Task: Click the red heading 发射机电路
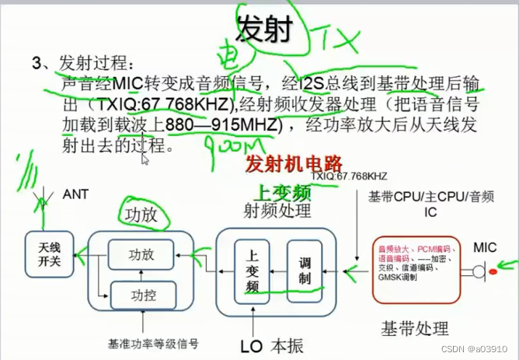294,163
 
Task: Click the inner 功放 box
141,253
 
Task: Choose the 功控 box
141,294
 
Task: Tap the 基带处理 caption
414,327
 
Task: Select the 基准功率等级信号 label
153,343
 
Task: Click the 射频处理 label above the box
277,210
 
